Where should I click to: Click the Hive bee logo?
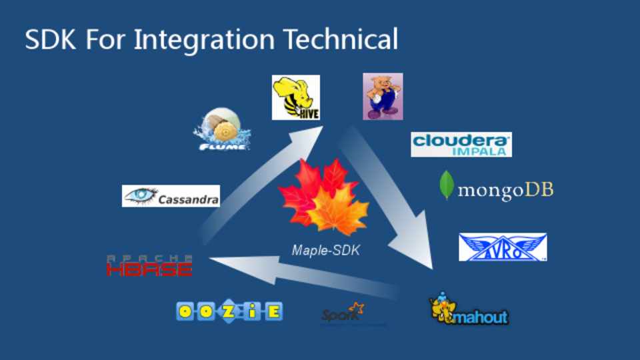pos(295,97)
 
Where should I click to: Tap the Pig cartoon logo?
pos(383,96)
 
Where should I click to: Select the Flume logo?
pos(223,130)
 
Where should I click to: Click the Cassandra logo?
pos(171,196)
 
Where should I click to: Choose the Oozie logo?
pos(229,311)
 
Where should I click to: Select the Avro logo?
pos(503,247)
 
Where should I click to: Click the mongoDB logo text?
pos(505,190)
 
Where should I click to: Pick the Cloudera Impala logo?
pos(461,144)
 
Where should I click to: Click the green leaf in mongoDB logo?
pos(446,186)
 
